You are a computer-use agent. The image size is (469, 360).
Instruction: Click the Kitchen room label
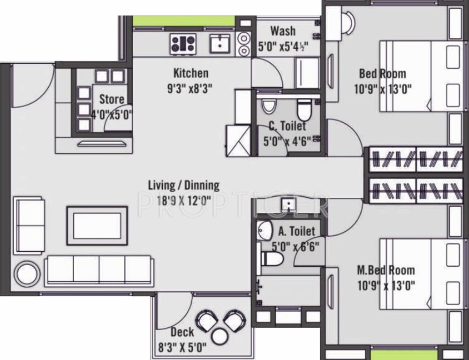pyautogui.click(x=191, y=73)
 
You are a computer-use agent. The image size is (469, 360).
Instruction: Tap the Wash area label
pyautogui.click(x=283, y=31)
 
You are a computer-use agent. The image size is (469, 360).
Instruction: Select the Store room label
pyautogui.click(x=112, y=99)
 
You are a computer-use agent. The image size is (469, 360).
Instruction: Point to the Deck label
pyautogui.click(x=182, y=332)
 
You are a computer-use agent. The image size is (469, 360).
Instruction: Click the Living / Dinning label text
pyautogui.click(x=183, y=185)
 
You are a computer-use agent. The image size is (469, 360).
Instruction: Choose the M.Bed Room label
pyautogui.click(x=386, y=270)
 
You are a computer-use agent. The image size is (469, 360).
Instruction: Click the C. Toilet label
pyautogui.click(x=287, y=126)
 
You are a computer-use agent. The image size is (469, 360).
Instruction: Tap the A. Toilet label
pyautogui.click(x=296, y=231)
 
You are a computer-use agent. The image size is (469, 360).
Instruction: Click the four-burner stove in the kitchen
pyautogui.click(x=183, y=45)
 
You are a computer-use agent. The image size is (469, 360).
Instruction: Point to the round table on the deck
pyautogui.click(x=219, y=336)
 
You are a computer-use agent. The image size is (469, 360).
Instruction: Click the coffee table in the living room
pyautogui.click(x=97, y=225)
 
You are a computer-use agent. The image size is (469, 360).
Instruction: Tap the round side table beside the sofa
pyautogui.click(x=27, y=274)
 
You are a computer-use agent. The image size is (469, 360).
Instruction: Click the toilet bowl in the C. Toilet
pyautogui.click(x=304, y=109)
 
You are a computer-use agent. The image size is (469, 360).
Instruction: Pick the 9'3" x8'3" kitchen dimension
pyautogui.click(x=191, y=89)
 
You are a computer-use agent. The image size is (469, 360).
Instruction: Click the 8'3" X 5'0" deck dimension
pyautogui.click(x=182, y=348)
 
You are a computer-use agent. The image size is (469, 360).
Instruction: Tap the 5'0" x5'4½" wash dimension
pyautogui.click(x=283, y=47)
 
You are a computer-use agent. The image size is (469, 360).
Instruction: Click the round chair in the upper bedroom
pyautogui.click(x=348, y=20)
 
